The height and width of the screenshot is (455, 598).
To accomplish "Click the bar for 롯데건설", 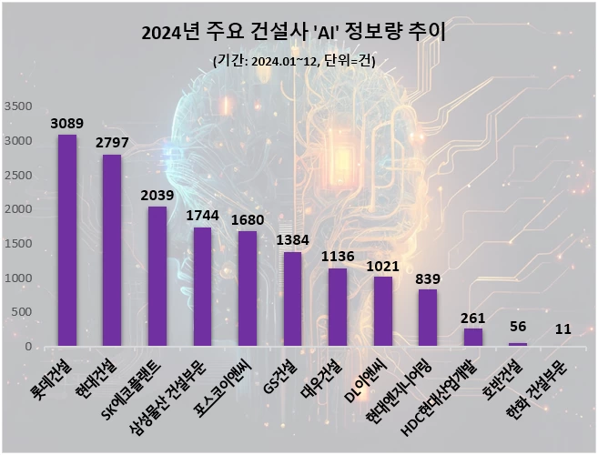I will tap(67, 240).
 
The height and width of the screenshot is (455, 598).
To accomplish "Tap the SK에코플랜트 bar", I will tap(157, 277).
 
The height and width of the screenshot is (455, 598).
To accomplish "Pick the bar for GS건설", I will tap(292, 299).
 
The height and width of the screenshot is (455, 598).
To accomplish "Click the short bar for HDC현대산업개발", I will tap(473, 337).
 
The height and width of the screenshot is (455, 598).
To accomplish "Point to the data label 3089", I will tap(67, 123).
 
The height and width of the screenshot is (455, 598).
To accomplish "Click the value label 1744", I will tap(203, 216).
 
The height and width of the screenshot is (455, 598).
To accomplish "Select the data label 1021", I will tap(382, 265).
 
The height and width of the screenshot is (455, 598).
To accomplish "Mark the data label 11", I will tap(563, 329).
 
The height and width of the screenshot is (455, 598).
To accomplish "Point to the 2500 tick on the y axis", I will tap(18, 175).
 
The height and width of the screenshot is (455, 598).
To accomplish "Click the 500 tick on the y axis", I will tap(22, 312).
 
